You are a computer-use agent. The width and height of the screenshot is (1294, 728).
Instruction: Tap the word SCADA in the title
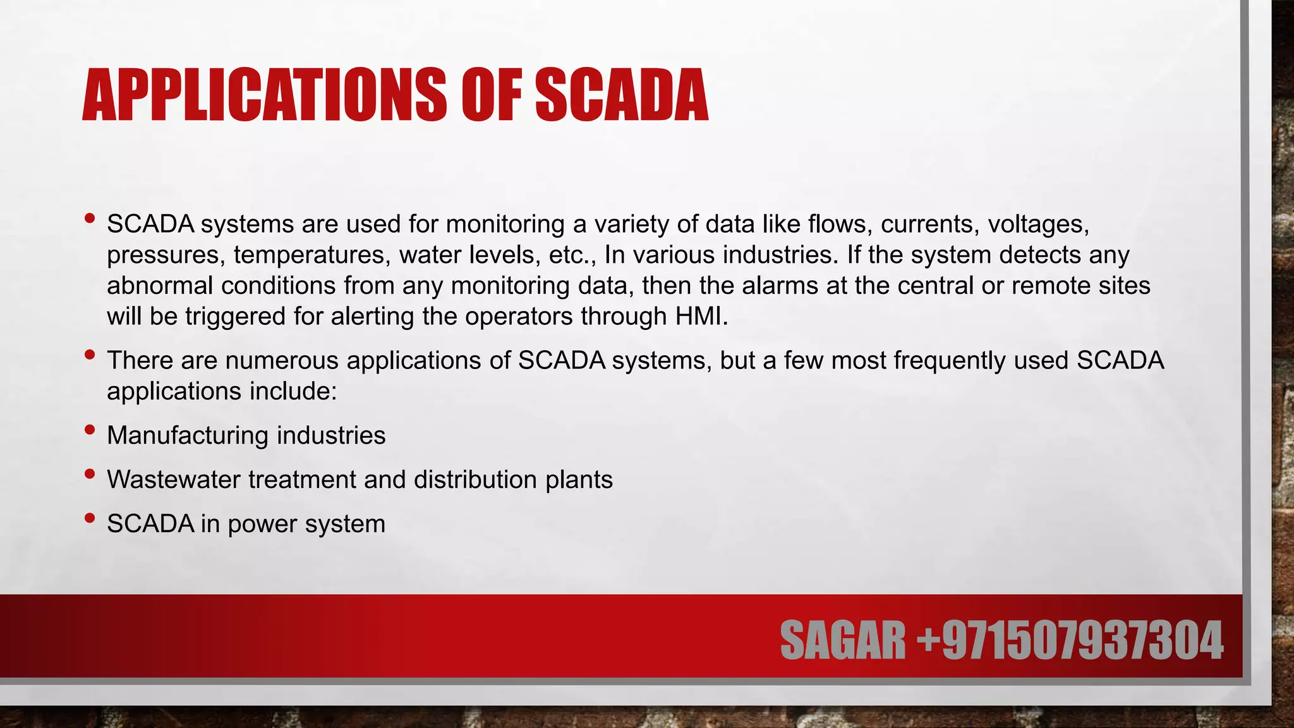[622, 95]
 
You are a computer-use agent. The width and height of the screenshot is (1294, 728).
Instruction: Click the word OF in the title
[492, 95]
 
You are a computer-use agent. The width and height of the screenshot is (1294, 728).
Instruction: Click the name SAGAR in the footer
[843, 641]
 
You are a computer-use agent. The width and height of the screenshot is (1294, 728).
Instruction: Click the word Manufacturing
[188, 435]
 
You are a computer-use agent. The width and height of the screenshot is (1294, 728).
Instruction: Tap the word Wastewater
[174, 480]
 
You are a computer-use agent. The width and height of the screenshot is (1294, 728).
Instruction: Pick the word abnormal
[160, 286]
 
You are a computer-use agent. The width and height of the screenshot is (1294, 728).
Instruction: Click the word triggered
[235, 317]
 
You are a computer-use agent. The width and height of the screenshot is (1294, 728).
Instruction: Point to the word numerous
[282, 360]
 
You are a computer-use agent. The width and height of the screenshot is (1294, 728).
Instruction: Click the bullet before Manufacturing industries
[90, 430]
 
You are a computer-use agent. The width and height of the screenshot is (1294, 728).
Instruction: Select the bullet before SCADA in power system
[90, 519]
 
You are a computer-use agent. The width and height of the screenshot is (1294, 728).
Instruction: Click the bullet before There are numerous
[90, 355]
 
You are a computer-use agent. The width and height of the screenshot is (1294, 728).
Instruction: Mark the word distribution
[476, 480]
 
